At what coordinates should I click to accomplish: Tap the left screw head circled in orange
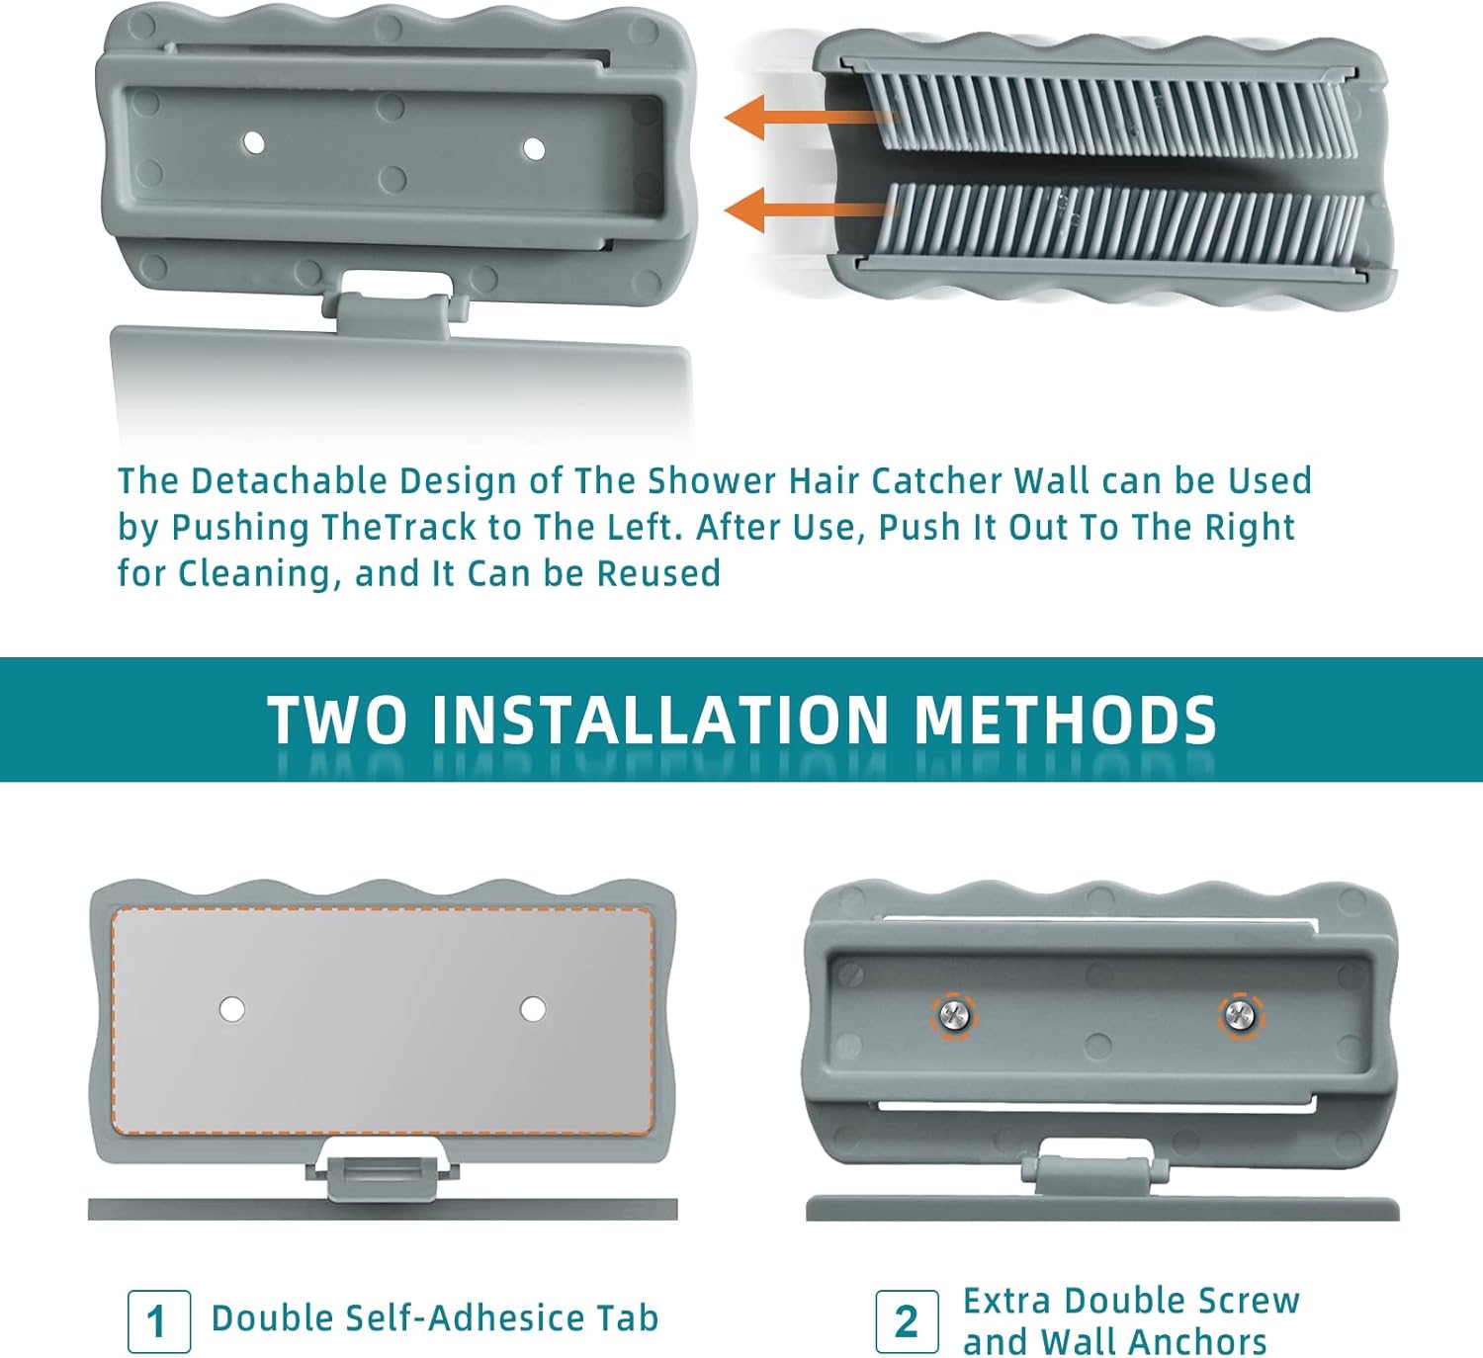(954, 1016)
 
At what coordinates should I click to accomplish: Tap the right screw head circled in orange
(1241, 1016)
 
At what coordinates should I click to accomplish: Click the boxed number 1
(158, 1321)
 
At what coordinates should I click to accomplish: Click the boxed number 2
(907, 1321)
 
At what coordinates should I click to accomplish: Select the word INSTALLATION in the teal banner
(659, 721)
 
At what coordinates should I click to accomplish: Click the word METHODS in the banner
(1066, 721)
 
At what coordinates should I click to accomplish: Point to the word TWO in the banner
(337, 721)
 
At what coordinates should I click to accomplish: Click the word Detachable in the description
(289, 481)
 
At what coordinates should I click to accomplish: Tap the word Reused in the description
(658, 573)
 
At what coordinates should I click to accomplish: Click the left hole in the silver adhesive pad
(233, 1009)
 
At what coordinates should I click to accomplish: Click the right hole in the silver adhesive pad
(533, 1009)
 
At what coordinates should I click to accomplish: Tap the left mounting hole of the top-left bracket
(253, 142)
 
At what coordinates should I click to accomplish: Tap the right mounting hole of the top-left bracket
(534, 149)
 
